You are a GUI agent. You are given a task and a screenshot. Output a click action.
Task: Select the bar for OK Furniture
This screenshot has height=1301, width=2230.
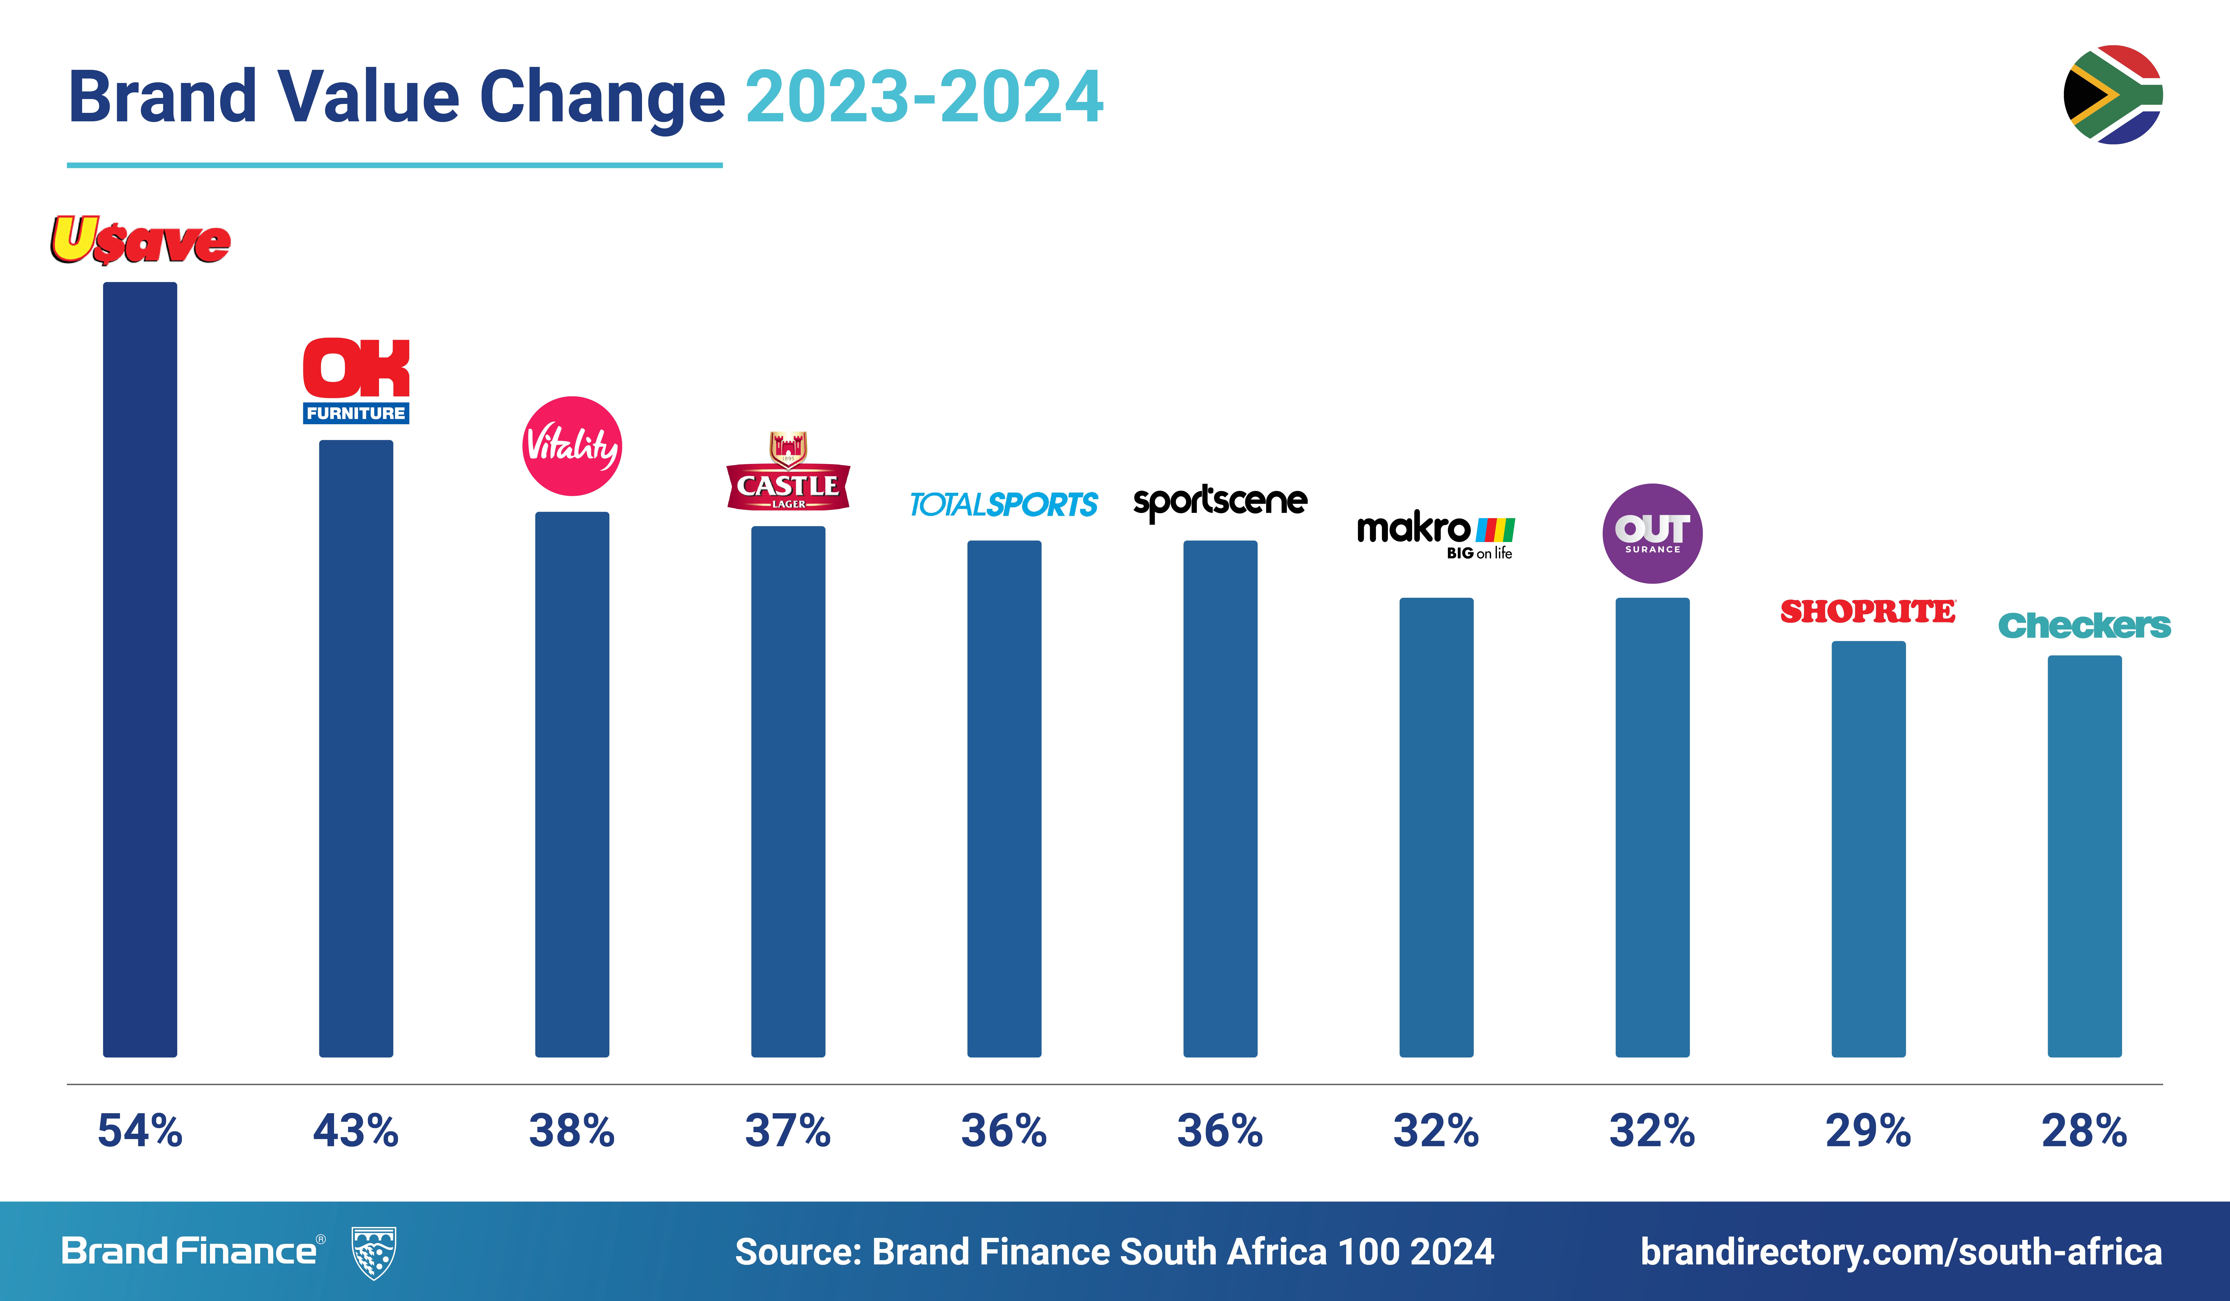pos(356,748)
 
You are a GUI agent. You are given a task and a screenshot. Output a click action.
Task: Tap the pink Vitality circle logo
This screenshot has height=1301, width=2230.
pos(572,446)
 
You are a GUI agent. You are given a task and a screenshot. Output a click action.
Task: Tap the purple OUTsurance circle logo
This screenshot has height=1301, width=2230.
pos(1652,534)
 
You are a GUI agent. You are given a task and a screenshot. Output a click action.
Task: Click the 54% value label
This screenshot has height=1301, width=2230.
pos(140,1131)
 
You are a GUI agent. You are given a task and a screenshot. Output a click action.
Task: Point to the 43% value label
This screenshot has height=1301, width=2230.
pos(356,1131)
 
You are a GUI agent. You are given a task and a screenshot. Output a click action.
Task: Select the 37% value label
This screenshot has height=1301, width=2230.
pos(788,1131)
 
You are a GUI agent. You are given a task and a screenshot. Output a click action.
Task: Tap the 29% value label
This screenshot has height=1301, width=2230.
pos(1868,1131)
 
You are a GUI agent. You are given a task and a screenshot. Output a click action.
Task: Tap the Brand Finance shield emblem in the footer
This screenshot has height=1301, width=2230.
pos(374,1252)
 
